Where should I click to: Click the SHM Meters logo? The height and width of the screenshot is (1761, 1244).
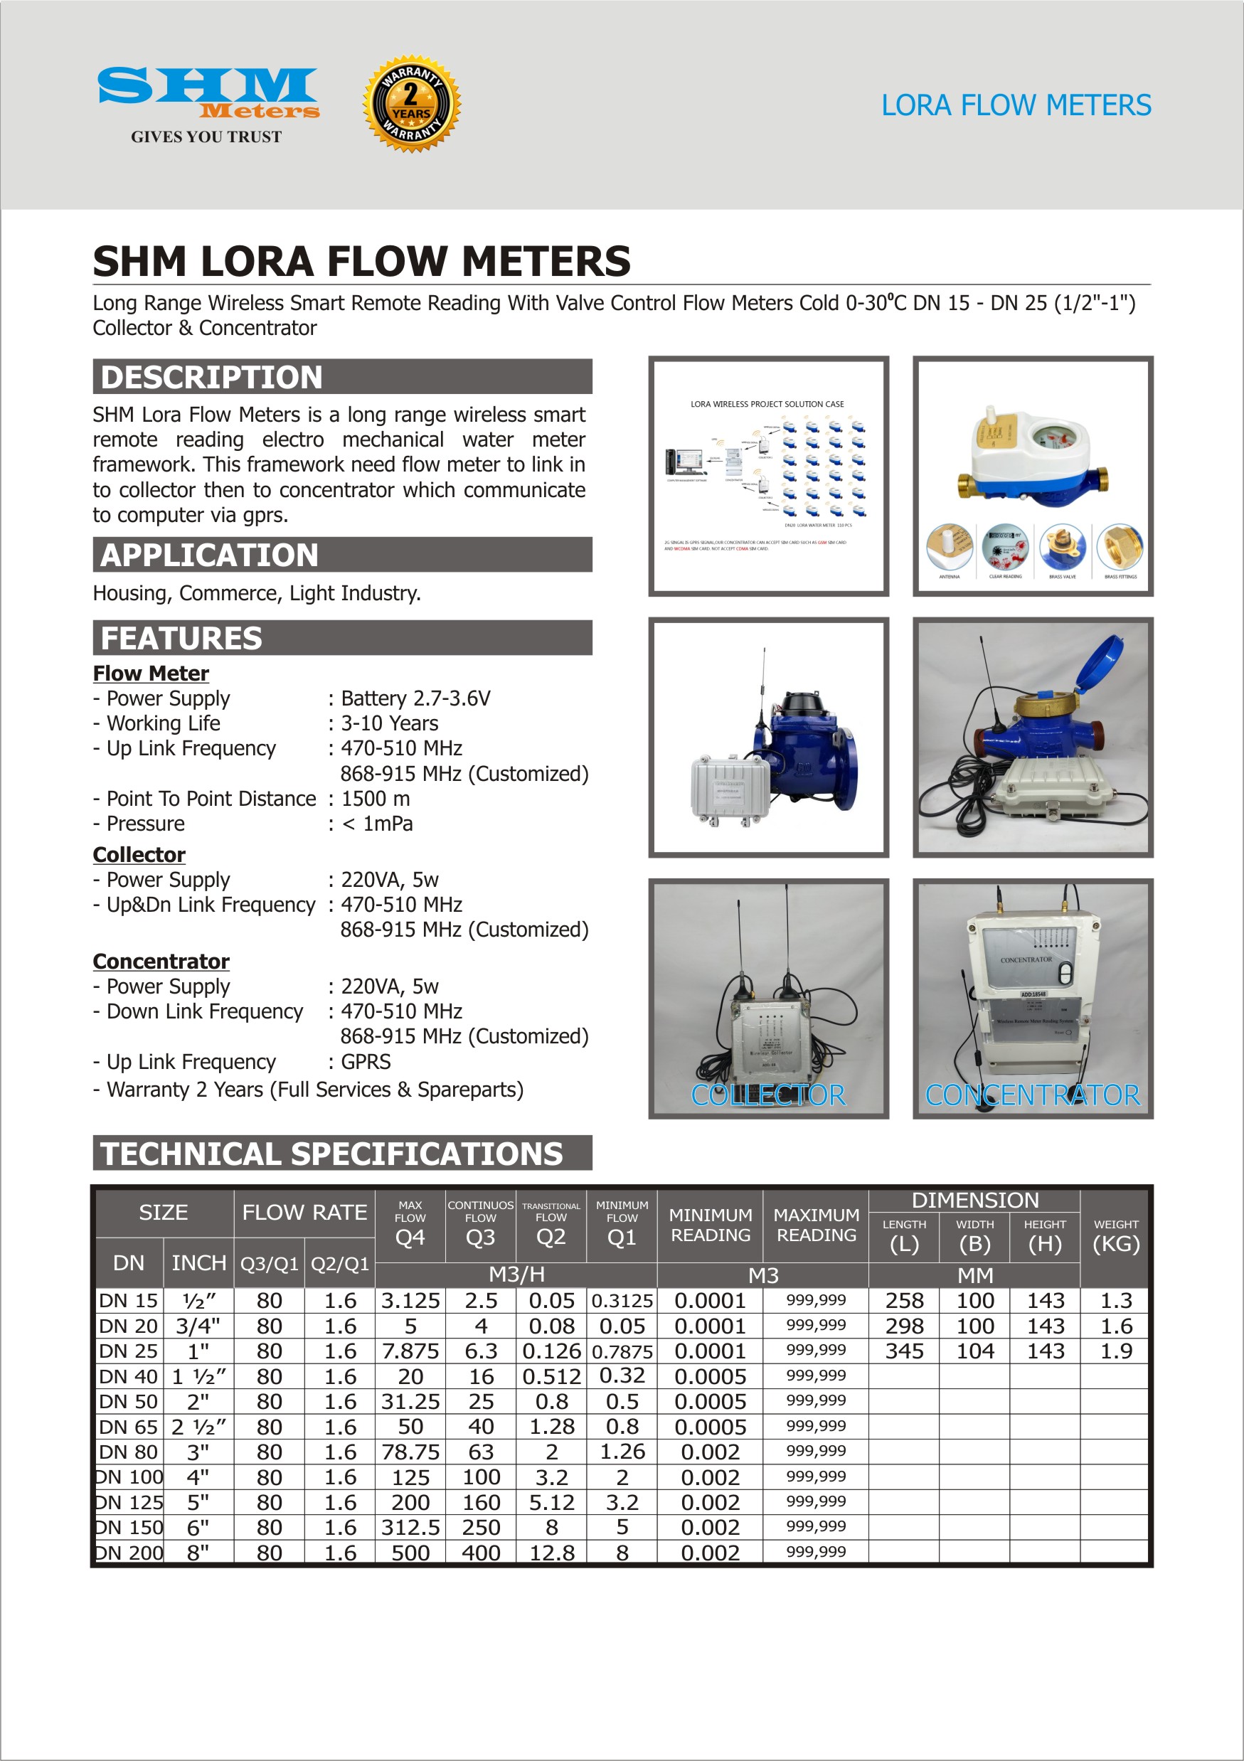click(207, 96)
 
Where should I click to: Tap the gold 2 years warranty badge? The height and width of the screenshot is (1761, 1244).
click(412, 104)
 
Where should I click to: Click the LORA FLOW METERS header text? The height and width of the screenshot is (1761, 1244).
click(1016, 105)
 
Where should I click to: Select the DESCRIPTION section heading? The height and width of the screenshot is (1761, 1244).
click(212, 378)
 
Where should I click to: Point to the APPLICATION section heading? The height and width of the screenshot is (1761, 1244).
click(209, 555)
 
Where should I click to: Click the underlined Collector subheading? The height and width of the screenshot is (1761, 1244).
click(139, 854)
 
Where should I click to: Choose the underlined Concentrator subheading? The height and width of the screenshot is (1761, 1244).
click(161, 961)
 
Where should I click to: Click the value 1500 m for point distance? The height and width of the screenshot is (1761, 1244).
click(376, 799)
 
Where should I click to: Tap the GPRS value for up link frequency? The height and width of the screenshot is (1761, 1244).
click(366, 1062)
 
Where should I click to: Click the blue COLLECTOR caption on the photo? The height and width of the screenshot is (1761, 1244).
click(768, 1095)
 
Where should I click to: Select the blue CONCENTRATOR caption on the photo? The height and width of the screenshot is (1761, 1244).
click(1032, 1095)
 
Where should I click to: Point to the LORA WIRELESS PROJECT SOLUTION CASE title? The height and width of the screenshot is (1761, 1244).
click(767, 404)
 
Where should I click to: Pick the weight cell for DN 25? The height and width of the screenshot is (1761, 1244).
click(1116, 1351)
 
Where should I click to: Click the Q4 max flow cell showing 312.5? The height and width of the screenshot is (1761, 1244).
click(410, 1527)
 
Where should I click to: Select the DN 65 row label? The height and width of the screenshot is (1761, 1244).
click(128, 1427)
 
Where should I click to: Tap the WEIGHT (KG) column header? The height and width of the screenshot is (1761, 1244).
click(1116, 1235)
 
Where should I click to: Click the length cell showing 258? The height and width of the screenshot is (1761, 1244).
click(904, 1301)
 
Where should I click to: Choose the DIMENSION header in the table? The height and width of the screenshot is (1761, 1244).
click(975, 1201)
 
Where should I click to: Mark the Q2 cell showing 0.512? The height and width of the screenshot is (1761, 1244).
click(551, 1377)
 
